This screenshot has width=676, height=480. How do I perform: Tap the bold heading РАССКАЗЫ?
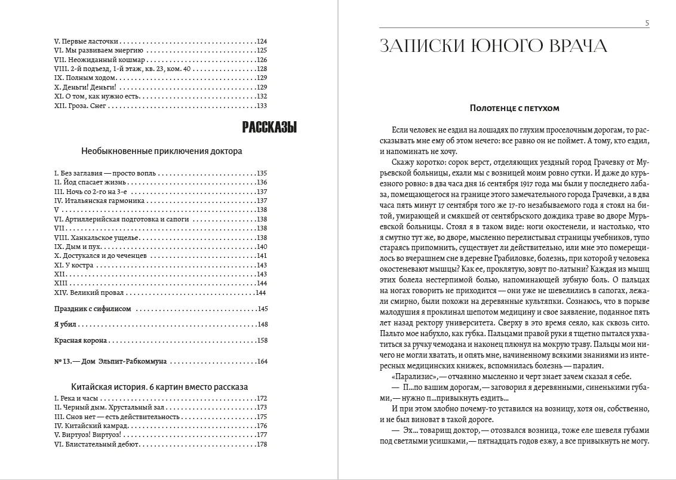[270, 127]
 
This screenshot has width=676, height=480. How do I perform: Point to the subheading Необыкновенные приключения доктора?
[161, 151]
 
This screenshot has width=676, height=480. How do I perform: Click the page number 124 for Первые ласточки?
[261, 42]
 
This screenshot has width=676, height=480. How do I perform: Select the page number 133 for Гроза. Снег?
[261, 106]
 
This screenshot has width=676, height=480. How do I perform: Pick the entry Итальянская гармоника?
[99, 201]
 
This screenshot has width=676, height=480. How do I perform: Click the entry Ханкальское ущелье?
[96, 238]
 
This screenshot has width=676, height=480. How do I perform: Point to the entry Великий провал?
[91, 293]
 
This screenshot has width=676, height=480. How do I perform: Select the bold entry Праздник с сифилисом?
[93, 309]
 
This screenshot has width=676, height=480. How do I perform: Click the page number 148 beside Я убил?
[261, 324]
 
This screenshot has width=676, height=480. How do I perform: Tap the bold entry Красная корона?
[80, 340]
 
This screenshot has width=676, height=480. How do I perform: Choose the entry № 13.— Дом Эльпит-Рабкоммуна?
[110, 361]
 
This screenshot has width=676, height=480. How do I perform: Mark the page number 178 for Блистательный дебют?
[261, 444]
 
